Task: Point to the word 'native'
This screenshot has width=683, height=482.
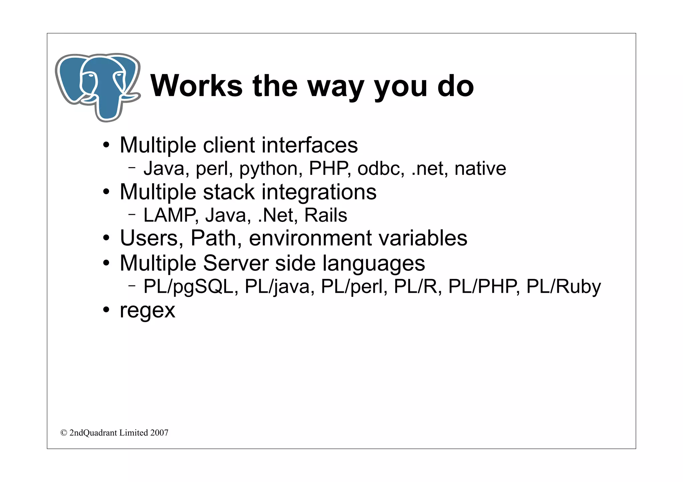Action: (480, 169)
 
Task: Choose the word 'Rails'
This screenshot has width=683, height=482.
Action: (325, 215)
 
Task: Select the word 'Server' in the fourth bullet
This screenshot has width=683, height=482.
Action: (235, 263)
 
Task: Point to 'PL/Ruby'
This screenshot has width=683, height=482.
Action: (563, 287)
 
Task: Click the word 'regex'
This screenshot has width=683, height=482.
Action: (147, 311)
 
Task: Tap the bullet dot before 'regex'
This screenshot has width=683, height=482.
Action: (106, 310)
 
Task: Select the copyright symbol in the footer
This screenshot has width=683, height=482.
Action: (64, 433)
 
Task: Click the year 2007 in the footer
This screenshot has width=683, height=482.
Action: (159, 433)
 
